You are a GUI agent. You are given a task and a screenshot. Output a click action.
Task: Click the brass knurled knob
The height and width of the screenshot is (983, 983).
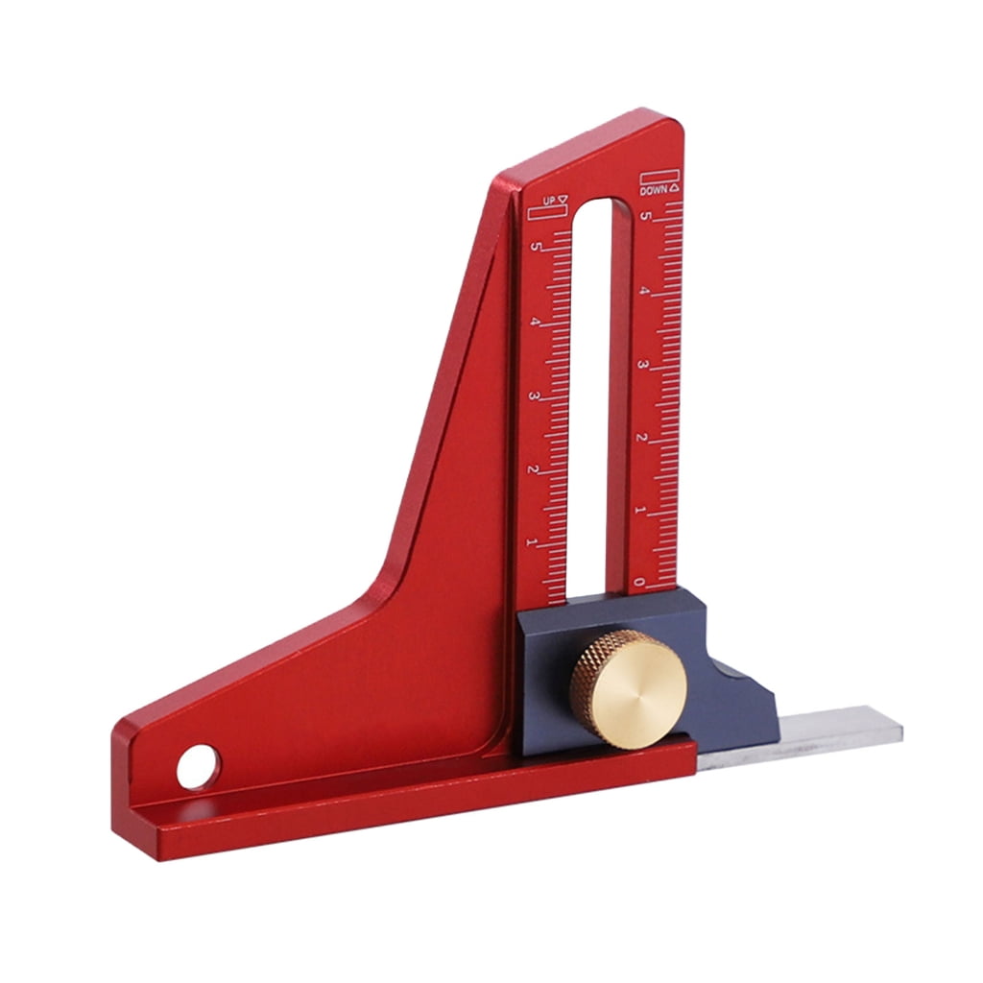[x=629, y=688]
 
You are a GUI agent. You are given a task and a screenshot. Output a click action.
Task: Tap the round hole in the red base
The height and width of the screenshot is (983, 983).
[x=199, y=767]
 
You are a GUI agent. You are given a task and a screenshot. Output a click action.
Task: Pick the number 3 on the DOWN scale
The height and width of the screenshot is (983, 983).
[x=643, y=366]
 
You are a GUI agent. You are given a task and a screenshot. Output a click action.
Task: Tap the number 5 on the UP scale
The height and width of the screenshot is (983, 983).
[x=538, y=248]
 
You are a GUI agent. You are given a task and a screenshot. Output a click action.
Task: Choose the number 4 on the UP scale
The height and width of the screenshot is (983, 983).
[x=536, y=322]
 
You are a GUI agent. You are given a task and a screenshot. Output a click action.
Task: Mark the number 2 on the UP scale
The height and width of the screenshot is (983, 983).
[x=533, y=469]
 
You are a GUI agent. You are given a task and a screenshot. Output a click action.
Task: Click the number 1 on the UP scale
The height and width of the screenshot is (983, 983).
[x=532, y=543]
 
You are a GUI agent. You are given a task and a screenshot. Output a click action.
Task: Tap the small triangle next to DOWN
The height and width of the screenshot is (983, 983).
[x=675, y=189]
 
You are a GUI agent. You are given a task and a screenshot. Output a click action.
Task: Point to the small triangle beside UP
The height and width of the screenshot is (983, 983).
[x=563, y=200]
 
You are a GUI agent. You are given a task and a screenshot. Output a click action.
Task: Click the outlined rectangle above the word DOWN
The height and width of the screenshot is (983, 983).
[x=659, y=178]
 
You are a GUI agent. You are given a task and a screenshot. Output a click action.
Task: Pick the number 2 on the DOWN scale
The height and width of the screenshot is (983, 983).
[x=641, y=438]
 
